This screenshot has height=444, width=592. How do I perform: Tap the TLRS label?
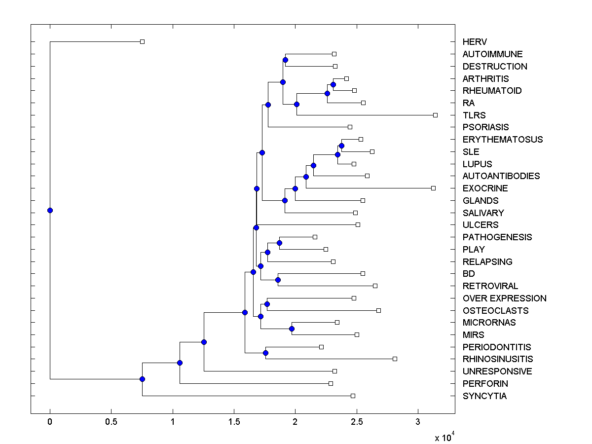pos(474,115)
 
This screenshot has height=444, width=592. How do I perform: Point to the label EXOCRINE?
pos(485,188)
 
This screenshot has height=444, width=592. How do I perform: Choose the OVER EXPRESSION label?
pos(504,298)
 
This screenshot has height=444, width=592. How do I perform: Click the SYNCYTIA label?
pos(484,396)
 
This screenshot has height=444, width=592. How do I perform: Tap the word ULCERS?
pos(481,225)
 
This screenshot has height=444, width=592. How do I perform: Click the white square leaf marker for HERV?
pos(142,41)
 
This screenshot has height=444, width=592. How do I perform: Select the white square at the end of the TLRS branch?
pos(435,115)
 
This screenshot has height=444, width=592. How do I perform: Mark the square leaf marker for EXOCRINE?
pos(433,188)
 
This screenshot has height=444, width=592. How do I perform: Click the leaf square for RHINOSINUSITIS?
pos(395,359)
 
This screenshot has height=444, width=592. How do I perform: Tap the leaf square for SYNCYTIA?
pos(353,396)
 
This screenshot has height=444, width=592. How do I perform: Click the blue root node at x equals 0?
pos(50,210)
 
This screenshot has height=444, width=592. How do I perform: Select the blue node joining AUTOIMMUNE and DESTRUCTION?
pos(285,60)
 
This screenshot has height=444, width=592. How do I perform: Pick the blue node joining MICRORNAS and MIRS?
pos(292,329)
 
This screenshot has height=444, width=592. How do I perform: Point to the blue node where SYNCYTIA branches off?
pos(142,379)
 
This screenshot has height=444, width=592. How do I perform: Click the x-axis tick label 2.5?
pos(356,422)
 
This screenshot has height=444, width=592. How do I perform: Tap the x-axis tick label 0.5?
pos(111,422)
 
